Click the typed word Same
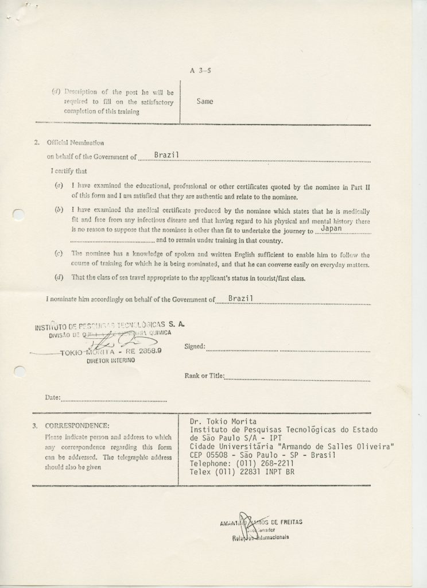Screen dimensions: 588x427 click(x=205, y=102)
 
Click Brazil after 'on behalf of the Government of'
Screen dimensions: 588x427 click(x=168, y=156)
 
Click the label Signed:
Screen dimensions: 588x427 click(x=195, y=347)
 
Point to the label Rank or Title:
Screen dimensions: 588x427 click(x=203, y=376)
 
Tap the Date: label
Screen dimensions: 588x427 click(x=52, y=397)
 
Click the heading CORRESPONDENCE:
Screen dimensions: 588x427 click(x=78, y=426)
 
